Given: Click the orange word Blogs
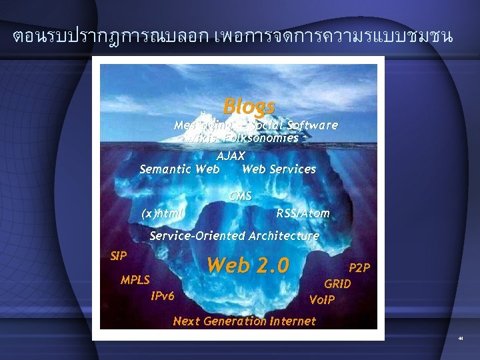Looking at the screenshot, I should [249, 106].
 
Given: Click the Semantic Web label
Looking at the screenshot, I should [179, 169].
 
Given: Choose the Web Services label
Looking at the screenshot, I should [279, 169].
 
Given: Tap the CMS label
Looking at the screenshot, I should [240, 196].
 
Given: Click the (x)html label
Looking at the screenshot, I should [163, 213].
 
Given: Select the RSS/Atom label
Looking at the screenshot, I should [303, 213].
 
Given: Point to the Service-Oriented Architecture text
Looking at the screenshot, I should [234, 236].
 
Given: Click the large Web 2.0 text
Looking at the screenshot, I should [248, 265].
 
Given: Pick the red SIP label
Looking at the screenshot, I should [119, 255].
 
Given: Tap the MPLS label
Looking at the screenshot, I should [135, 280].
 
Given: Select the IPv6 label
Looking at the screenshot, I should [163, 296].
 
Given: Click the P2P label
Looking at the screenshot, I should [359, 268].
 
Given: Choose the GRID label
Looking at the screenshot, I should [337, 284].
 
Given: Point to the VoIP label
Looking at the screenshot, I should [322, 300].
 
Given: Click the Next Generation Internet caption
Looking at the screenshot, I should [244, 321].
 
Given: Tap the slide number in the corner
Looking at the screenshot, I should [460, 340].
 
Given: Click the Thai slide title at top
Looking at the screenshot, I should [233, 37].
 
